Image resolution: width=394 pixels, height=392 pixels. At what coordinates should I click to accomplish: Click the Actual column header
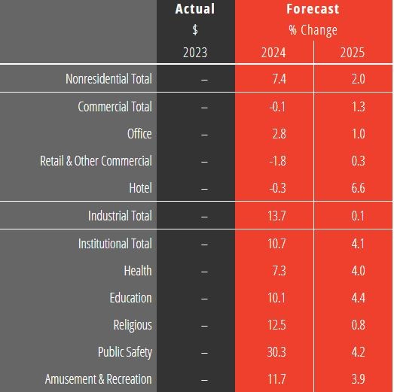[195, 9]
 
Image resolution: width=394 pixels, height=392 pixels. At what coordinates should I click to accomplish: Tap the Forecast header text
[313, 9]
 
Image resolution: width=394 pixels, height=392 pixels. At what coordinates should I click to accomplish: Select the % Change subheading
[313, 30]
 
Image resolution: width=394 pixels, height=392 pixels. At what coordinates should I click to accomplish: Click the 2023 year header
[195, 53]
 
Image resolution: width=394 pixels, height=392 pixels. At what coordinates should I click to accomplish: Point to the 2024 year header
[273, 53]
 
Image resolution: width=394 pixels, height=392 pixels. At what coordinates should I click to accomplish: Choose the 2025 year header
[353, 53]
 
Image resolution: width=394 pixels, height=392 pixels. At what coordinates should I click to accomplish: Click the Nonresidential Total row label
[108, 78]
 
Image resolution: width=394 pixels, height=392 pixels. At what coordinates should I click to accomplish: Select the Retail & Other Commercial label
[96, 160]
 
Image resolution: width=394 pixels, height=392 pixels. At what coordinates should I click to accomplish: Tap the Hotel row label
[140, 187]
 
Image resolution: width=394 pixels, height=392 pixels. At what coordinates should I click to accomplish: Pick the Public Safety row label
[125, 352]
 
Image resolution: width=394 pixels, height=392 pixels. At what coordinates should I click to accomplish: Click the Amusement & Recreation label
[99, 379]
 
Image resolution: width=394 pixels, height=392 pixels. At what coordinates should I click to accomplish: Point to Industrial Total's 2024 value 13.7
[276, 216]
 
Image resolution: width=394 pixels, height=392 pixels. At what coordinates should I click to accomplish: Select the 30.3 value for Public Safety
[276, 352]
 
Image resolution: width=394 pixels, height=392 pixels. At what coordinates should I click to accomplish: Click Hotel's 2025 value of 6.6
[359, 187]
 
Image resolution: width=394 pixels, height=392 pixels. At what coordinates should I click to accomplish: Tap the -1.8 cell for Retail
[277, 160]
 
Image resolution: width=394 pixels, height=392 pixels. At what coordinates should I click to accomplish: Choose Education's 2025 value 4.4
[359, 298]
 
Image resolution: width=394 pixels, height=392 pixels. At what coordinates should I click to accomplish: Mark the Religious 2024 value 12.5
[276, 325]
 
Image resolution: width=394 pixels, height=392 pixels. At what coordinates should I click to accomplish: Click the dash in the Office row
[204, 135]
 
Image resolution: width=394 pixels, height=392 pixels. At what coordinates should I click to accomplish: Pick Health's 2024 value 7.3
[279, 271]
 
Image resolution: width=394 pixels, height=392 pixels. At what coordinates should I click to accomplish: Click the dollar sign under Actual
[195, 29]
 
